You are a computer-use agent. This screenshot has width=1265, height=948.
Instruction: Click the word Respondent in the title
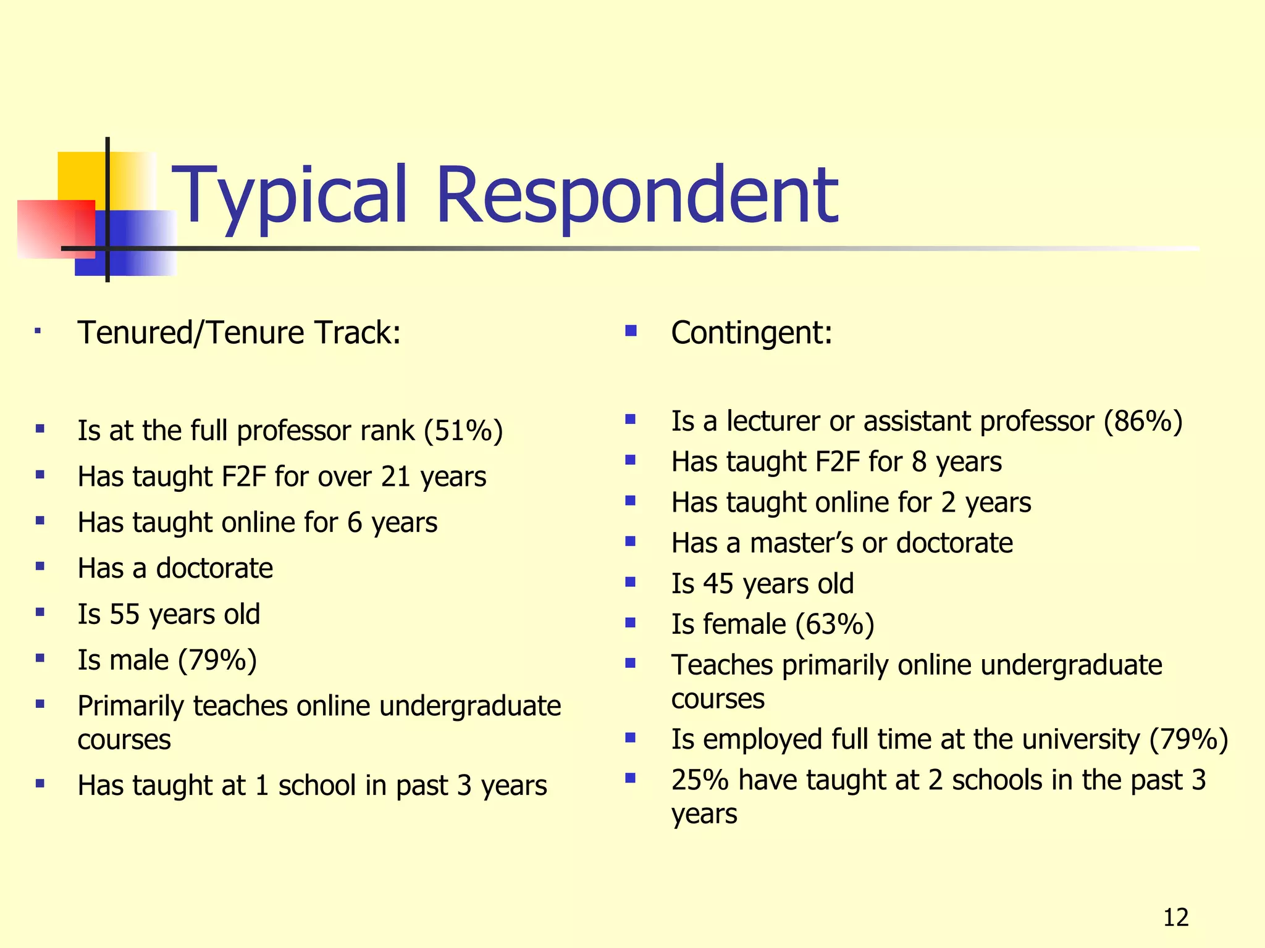(637, 196)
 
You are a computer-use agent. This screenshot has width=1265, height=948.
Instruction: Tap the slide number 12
(1175, 918)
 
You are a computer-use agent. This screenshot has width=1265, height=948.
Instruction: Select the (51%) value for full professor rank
(463, 431)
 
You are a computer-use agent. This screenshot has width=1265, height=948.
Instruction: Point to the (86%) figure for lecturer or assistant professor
(1143, 422)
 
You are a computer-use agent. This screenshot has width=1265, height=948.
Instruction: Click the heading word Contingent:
(752, 333)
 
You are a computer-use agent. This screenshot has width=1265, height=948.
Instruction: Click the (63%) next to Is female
(834, 625)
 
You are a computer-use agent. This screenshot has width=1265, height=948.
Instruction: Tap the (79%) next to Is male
(217, 660)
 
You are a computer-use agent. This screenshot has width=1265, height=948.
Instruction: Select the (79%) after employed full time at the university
(1188, 739)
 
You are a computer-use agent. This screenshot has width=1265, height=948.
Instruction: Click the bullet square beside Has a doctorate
(40, 565)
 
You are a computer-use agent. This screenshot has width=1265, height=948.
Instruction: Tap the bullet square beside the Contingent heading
(631, 331)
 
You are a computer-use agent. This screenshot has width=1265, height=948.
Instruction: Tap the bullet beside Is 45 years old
(631, 582)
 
